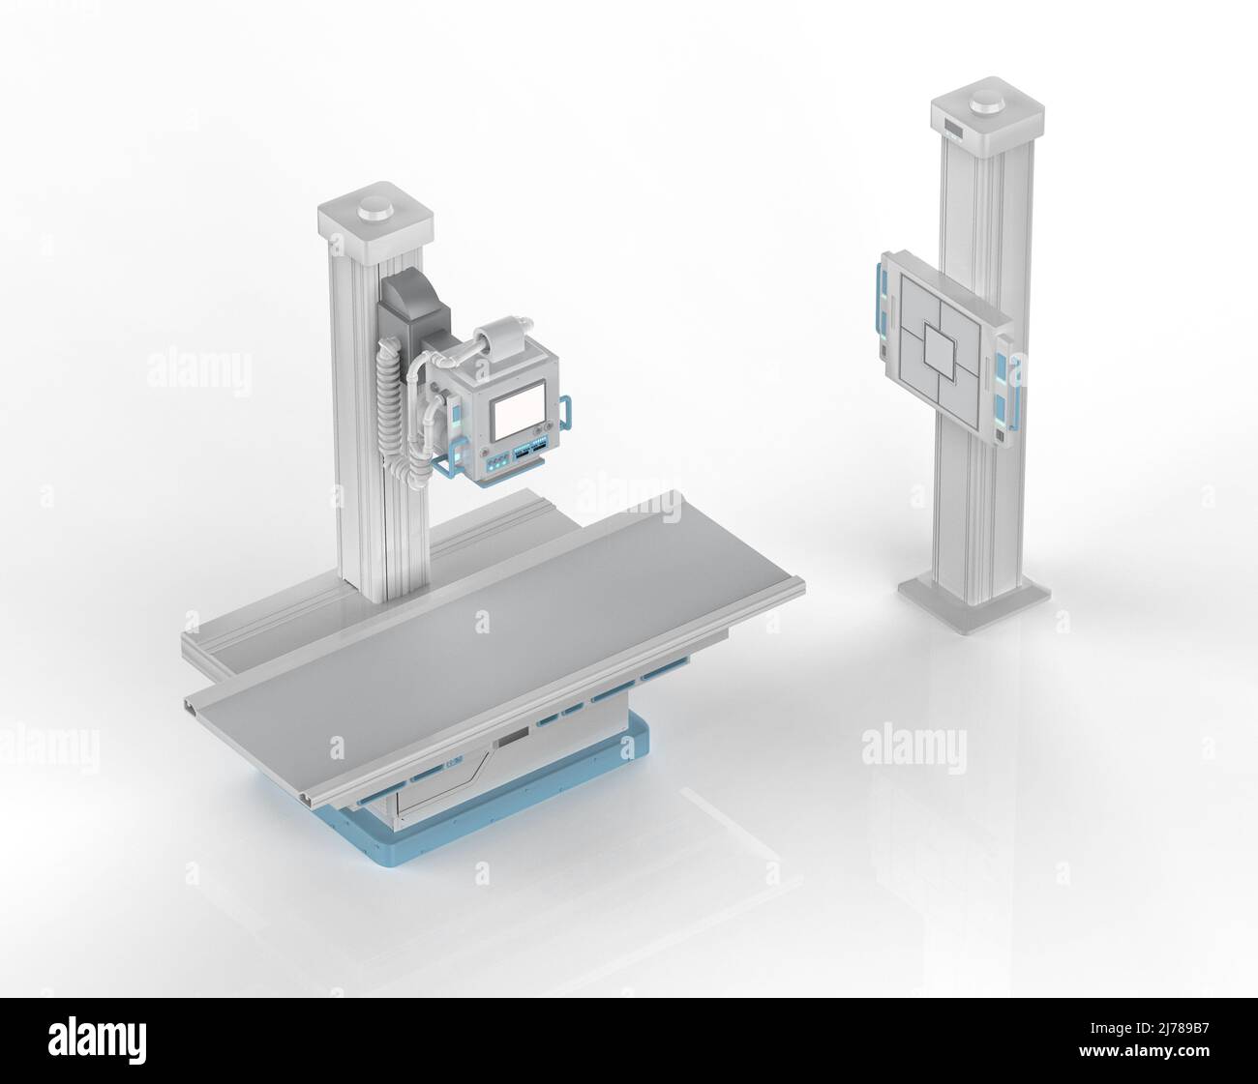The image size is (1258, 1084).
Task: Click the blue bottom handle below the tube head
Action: [455, 473]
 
